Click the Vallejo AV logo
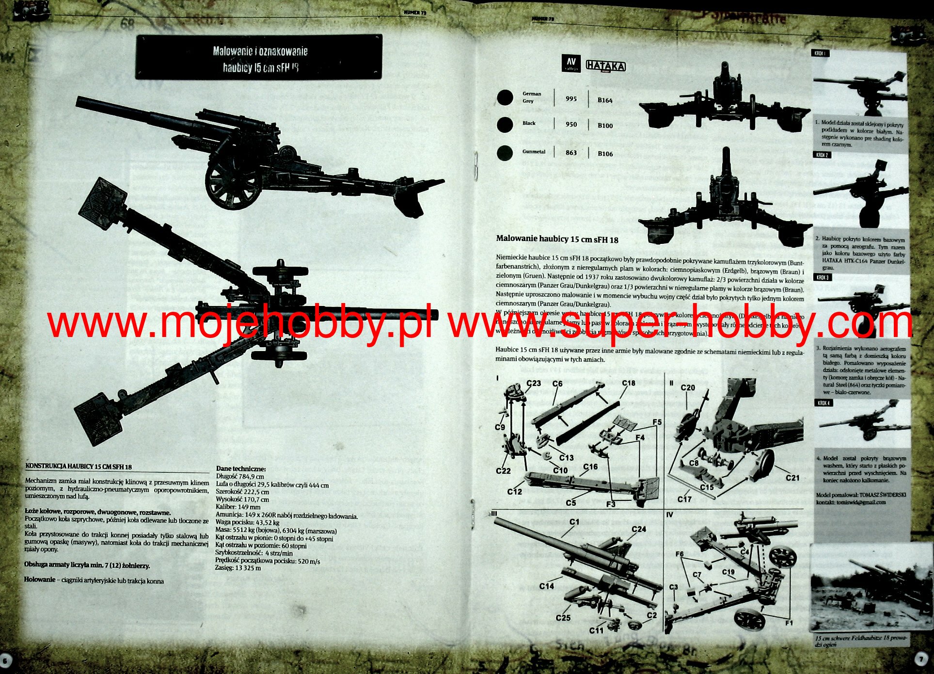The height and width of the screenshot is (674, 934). pos(570,64)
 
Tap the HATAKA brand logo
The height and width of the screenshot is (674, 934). pos(605,65)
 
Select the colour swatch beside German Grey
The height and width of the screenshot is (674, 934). pos(505,97)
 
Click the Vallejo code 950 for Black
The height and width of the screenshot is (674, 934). pos(571,125)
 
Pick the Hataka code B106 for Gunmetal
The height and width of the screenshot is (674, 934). pos(605,154)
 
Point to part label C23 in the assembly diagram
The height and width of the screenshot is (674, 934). pos(534,383)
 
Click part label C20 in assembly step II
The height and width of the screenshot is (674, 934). pos(688,388)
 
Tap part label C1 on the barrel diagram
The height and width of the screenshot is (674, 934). pos(574,522)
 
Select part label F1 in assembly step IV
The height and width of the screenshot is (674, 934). pos(789,623)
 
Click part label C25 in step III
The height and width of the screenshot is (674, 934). pos(563,618)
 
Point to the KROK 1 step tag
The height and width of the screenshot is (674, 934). pos(821,53)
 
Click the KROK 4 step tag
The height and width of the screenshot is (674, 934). pos(823,403)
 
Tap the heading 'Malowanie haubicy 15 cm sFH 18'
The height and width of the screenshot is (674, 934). pos(557,240)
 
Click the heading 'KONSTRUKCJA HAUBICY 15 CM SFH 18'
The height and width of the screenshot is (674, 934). pos(79,466)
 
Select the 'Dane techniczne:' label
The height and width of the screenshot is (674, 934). pos(241,469)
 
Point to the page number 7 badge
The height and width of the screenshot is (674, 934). pos(922,660)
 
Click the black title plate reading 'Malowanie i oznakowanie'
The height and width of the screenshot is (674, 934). pos(259,57)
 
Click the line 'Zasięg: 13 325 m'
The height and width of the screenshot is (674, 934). pos(238,568)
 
